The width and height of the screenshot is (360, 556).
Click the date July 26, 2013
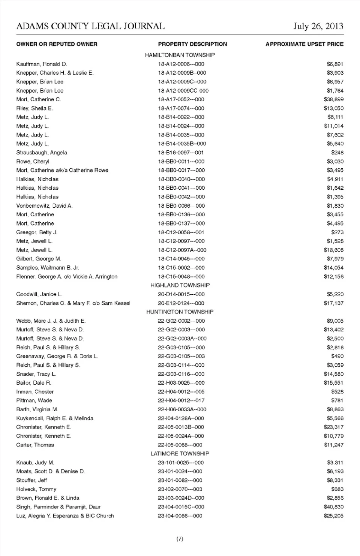318,26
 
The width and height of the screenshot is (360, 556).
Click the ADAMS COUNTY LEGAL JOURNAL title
90,26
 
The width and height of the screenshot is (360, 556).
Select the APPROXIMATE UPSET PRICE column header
304,44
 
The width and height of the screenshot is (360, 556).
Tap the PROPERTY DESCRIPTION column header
192,44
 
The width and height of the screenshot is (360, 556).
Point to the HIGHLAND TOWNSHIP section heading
180,285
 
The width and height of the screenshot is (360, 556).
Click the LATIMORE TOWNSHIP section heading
180,454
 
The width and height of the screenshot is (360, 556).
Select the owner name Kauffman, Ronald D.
42,64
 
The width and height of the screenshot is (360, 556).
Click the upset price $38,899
333,99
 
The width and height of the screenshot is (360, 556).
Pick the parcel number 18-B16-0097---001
181,153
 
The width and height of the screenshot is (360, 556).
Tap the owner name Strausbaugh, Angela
42,153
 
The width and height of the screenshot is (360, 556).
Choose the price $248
337,153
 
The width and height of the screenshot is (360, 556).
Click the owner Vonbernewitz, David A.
44,206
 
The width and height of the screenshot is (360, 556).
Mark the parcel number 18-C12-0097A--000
182,250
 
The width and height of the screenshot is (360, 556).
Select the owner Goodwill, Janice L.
39,294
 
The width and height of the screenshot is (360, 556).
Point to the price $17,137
333,303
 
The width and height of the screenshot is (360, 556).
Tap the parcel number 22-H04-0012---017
181,401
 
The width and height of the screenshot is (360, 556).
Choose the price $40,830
333,507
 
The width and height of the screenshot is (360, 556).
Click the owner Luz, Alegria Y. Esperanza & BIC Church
65,516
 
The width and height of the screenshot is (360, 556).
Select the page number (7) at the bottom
180,539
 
